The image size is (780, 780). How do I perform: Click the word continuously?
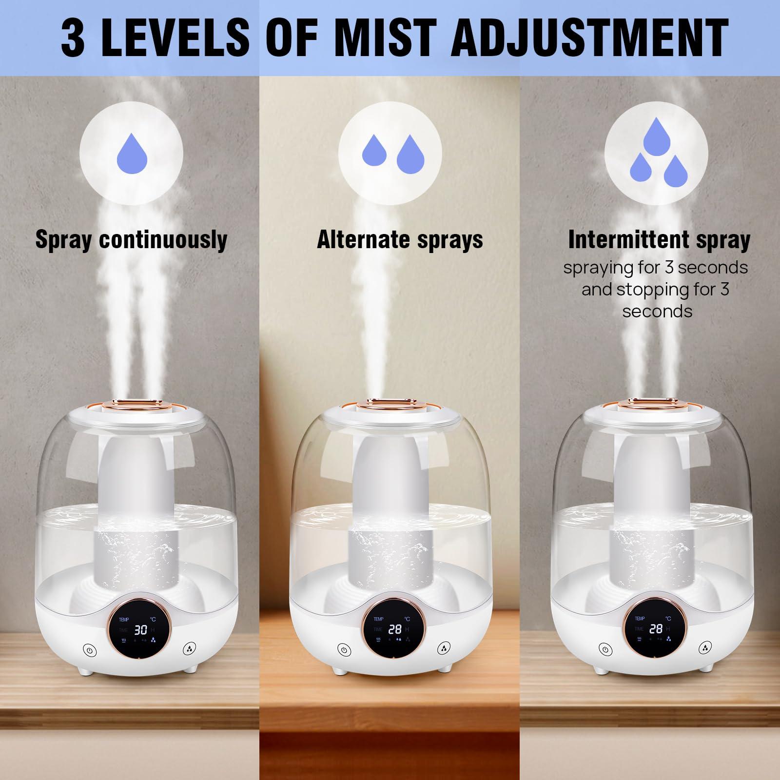163,240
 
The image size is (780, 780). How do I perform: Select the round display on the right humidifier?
655,630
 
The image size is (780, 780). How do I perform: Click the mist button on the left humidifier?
190,649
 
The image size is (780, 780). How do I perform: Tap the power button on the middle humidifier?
345,649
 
